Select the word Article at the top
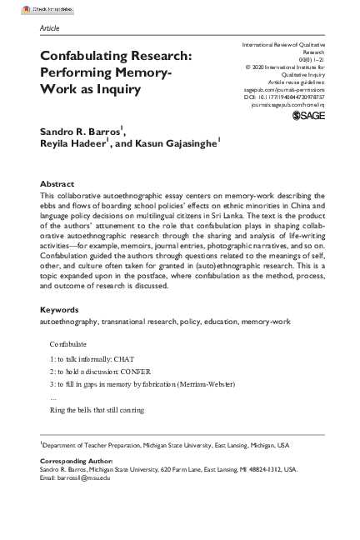[x=49, y=27]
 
